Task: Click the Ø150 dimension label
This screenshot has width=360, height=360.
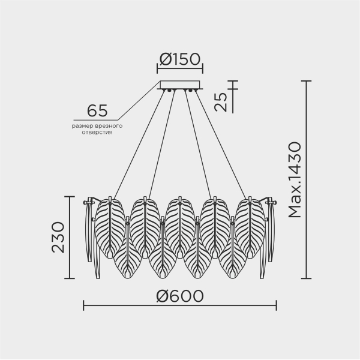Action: (x=180, y=59)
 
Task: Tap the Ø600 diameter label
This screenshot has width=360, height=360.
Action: (x=180, y=296)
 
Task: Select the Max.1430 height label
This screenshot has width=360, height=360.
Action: (x=295, y=180)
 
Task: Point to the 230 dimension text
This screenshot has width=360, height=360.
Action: (x=58, y=238)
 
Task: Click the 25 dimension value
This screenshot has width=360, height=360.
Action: (x=220, y=102)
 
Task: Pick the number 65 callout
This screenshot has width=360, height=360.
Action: (x=97, y=110)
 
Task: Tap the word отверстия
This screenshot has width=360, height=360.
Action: (x=97, y=133)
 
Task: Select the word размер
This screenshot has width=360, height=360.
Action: (x=82, y=126)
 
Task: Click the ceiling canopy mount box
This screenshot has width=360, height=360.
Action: (x=180, y=85)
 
